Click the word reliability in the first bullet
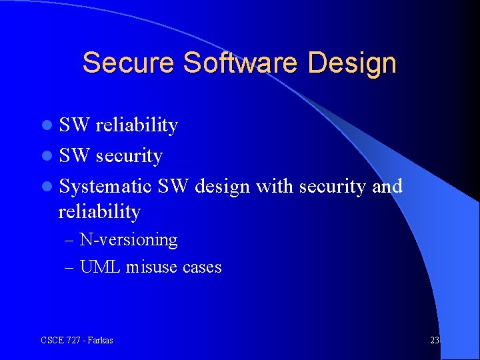tap(137, 125)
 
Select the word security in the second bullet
tap(129, 156)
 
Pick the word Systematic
tap(107, 187)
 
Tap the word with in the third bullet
tap(275, 186)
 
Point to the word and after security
tap(387, 186)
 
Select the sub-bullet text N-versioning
tap(129, 240)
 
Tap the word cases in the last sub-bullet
tap(202, 268)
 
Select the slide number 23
tap(435, 340)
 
